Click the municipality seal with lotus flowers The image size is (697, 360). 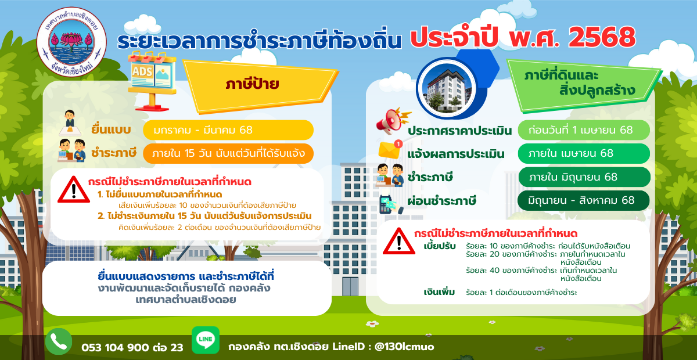click(71, 42)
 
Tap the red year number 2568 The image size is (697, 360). click(602, 38)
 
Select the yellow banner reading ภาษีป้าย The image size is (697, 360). click(260, 85)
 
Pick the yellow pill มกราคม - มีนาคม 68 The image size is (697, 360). click(228, 130)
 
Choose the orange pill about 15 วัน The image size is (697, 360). click(228, 153)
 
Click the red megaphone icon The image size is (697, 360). click(393, 121)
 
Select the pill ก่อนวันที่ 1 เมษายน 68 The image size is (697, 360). click(584, 130)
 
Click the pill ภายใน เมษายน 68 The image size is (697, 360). click(584, 153)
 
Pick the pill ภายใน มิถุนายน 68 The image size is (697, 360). click(584, 177)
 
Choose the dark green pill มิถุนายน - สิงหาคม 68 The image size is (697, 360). click(584, 200)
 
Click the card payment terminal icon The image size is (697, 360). click(390, 204)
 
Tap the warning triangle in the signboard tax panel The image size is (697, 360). click(74, 190)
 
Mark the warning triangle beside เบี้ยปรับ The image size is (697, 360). click(399, 242)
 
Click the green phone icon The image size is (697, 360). click(59, 341)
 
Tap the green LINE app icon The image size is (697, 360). click(206, 340)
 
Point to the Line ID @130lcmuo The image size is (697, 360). click(404, 347)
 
